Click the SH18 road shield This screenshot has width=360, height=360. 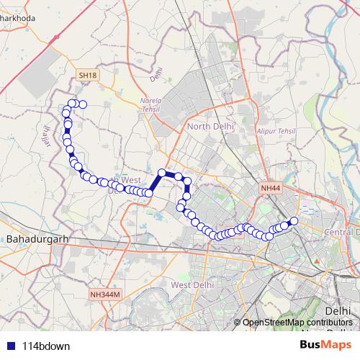[88, 75]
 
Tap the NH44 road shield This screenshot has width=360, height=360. [269, 188]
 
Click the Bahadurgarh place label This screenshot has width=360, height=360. [35, 237]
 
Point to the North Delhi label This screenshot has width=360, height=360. [209, 127]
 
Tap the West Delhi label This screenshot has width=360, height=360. [192, 285]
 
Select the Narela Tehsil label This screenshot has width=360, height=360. [150, 105]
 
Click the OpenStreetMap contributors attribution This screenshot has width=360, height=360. [297, 323]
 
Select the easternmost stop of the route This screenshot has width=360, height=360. [293, 221]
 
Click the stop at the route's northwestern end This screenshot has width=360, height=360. [82, 104]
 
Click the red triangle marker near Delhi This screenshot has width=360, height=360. [318, 260]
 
